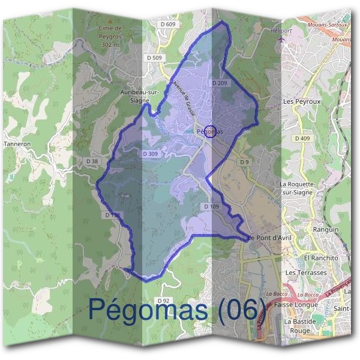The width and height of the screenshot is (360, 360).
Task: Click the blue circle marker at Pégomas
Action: click(210, 131)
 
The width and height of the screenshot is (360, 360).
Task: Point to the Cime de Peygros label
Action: click(110, 36)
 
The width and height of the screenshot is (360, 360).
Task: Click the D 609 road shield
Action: click(170, 24)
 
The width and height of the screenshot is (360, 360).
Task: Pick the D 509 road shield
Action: click(154, 58)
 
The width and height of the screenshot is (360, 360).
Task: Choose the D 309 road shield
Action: click(151, 154)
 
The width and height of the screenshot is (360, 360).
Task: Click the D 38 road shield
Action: click(92, 161)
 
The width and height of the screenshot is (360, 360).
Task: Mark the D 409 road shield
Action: click(302, 139)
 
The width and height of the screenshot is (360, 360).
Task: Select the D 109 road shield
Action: click(211, 206)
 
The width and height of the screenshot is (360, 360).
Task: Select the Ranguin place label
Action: click(326, 229)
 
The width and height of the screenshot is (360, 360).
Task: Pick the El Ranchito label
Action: click(322, 257)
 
